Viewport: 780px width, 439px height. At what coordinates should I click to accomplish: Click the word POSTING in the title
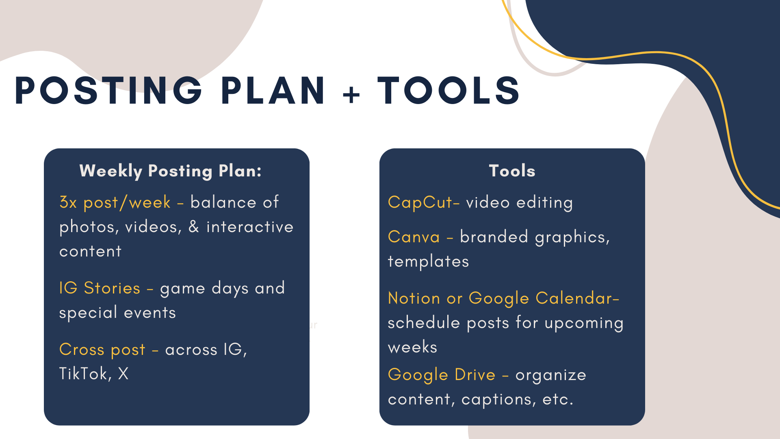[x=108, y=90]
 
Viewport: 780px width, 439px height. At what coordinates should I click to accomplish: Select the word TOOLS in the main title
[x=449, y=90]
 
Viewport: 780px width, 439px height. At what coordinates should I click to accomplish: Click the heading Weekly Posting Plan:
[x=171, y=171]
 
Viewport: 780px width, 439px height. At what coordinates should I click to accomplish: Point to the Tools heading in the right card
[x=512, y=171]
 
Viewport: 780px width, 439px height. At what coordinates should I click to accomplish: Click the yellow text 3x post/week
[x=115, y=202]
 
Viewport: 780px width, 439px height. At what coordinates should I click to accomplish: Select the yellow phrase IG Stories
[x=100, y=288]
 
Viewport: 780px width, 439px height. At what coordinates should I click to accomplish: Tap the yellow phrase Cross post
[x=102, y=350]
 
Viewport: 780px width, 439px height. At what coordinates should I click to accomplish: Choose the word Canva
[x=414, y=237]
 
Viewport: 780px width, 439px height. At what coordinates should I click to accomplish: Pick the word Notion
[x=414, y=298]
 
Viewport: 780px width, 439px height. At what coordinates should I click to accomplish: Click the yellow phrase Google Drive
[x=442, y=375]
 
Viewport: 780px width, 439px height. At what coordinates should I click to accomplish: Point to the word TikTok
[x=83, y=374]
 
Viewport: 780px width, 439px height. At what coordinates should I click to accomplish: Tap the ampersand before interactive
[x=194, y=227]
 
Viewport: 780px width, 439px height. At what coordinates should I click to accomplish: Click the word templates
[x=428, y=261]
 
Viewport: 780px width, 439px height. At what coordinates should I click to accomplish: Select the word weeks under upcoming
[x=412, y=347]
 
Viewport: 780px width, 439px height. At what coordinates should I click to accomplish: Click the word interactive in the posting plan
[x=250, y=227]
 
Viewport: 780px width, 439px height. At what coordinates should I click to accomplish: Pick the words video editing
[x=519, y=202]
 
